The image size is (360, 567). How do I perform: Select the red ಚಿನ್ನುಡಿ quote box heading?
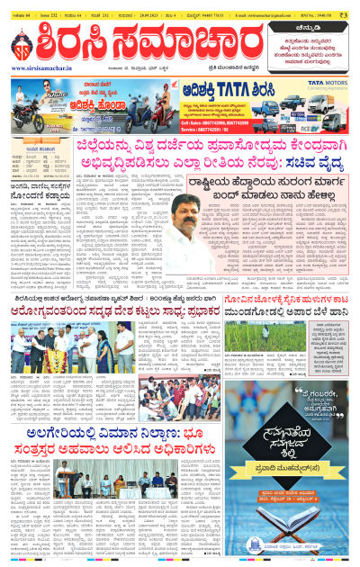point(309,28)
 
